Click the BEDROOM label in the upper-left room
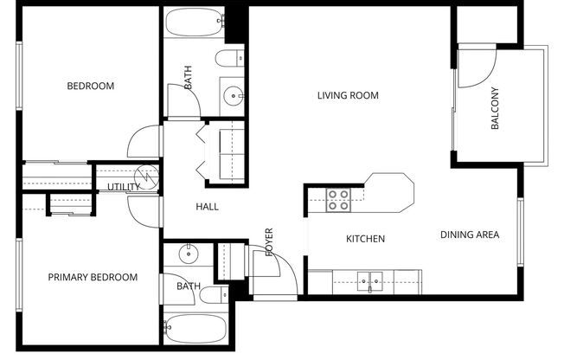point(91,86)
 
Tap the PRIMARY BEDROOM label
point(93,277)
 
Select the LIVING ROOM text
point(349,95)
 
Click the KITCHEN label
point(365,239)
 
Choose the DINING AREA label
point(470,235)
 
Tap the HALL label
point(207,207)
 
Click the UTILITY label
point(124,187)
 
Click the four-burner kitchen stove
point(338,201)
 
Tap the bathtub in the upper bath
point(195,22)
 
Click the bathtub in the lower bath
point(195,331)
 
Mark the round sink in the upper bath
point(231,93)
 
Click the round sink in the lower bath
point(189,254)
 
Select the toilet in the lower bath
point(212,294)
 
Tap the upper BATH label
point(189,80)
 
